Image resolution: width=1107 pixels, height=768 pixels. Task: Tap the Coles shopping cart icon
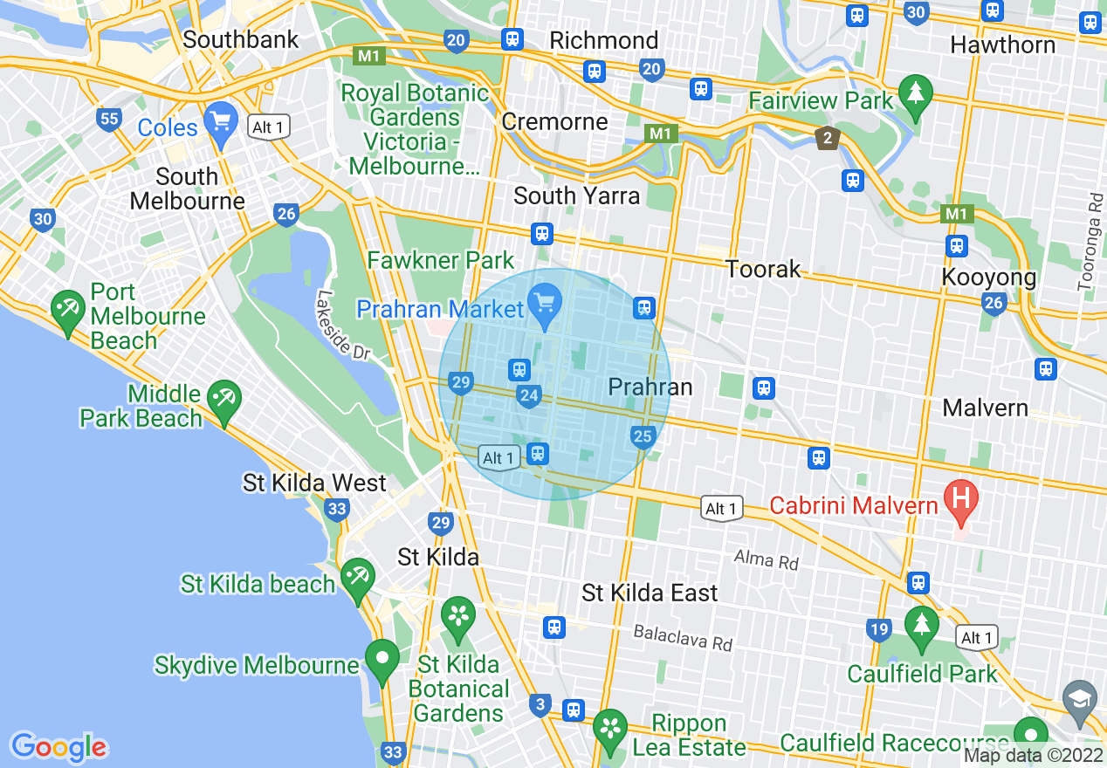[220, 122]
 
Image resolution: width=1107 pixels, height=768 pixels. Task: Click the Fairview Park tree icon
[915, 94]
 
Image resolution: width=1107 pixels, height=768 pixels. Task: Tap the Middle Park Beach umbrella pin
[225, 401]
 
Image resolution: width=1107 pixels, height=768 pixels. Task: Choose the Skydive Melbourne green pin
[382, 660]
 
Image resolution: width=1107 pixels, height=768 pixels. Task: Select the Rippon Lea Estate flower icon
[610, 729]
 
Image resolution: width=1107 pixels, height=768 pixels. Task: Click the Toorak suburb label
[764, 269]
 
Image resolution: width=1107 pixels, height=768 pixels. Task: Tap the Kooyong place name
[989, 278]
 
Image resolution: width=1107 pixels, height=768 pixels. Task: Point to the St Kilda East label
[650, 593]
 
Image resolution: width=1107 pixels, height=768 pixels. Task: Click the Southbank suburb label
[241, 39]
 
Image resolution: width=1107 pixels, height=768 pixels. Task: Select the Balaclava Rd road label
[683, 638]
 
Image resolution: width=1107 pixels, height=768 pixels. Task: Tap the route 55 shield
[109, 120]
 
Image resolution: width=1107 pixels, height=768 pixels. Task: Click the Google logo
[59, 746]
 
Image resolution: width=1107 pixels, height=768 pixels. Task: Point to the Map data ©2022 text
[1033, 756]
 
